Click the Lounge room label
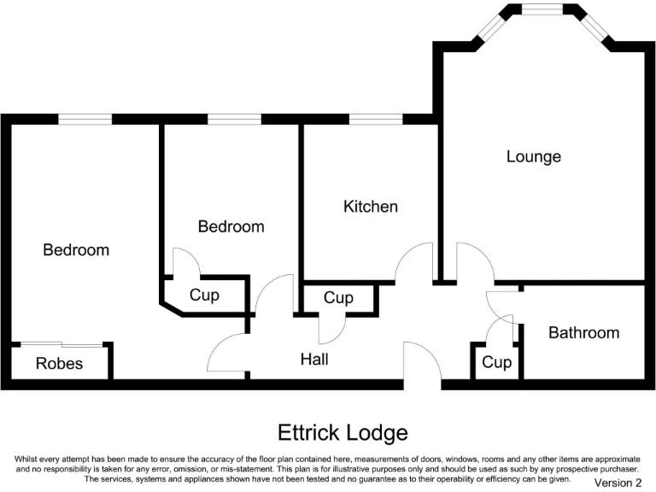533,156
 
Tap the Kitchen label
370,207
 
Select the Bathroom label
583,332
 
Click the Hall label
314,360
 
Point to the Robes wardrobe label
59,363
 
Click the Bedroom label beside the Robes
76,250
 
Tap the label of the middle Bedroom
231,226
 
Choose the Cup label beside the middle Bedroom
204,296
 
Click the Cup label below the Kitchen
338,298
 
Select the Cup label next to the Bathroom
496,363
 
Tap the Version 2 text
617,483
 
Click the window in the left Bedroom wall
85,120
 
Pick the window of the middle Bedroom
234,120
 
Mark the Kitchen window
376,120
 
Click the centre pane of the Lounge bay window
547,11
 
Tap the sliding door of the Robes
61,344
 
